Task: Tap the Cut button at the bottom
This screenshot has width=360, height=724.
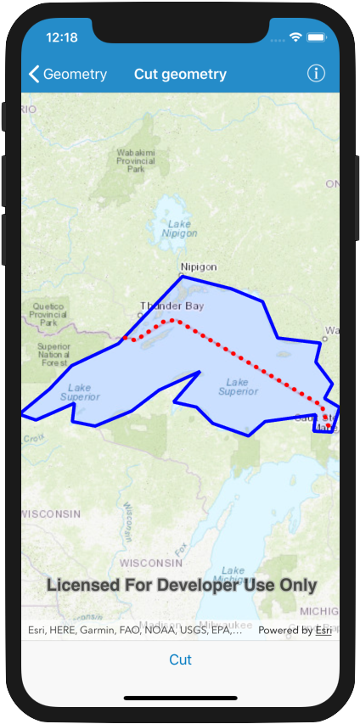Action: tap(180, 659)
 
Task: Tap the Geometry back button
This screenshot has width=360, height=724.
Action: tap(68, 74)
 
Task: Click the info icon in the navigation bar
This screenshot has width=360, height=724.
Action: tap(316, 73)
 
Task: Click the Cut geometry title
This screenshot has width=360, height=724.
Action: tap(180, 74)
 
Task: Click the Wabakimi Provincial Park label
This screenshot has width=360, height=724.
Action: tap(136, 160)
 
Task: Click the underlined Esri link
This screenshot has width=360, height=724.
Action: tap(323, 631)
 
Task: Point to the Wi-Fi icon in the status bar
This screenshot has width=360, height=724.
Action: tap(296, 38)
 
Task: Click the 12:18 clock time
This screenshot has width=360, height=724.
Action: tap(62, 37)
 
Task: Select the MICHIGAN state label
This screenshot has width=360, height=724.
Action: tap(318, 611)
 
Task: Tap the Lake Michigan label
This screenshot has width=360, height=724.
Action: tap(233, 576)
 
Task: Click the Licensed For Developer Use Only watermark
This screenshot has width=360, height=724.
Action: tap(181, 586)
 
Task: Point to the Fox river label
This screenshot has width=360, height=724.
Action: tap(180, 550)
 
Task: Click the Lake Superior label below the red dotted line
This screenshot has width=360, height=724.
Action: tap(238, 386)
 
